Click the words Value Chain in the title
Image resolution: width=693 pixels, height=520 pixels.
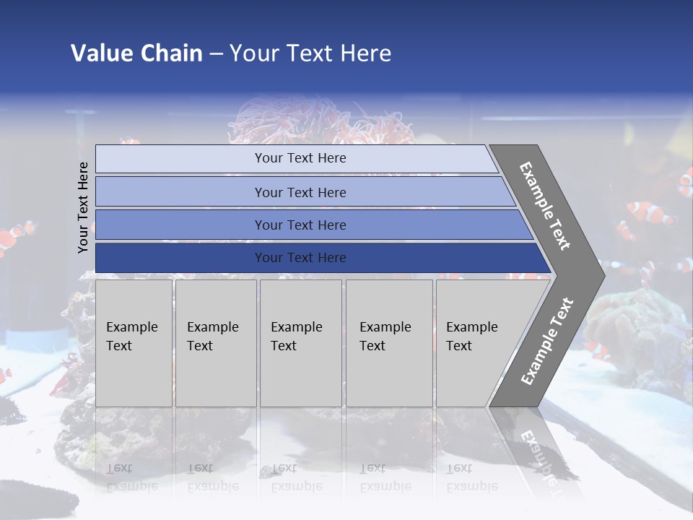point(136,53)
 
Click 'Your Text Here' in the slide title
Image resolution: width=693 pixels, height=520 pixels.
point(310,53)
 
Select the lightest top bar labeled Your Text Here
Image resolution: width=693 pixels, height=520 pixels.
point(300,158)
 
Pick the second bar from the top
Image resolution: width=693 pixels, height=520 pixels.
point(300,192)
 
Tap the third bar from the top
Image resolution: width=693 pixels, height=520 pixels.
point(300,225)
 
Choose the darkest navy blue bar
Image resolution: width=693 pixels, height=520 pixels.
point(300,258)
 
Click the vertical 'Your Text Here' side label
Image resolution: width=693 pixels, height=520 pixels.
point(83,207)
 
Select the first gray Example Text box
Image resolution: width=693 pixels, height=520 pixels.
point(134,342)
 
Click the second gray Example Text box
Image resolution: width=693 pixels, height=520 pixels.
point(215,342)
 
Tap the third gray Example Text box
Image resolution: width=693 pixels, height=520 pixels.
point(300,342)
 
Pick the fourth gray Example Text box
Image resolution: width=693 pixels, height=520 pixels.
point(388,342)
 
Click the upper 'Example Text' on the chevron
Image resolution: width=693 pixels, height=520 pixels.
point(545,206)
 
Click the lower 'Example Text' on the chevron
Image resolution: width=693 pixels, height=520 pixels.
point(546,342)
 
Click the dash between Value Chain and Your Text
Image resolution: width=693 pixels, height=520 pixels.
point(216,54)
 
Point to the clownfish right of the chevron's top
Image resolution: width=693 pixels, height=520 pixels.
point(650,212)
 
